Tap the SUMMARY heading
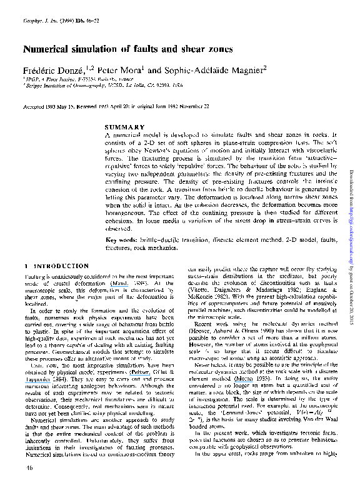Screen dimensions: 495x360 click(x=125, y=127)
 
